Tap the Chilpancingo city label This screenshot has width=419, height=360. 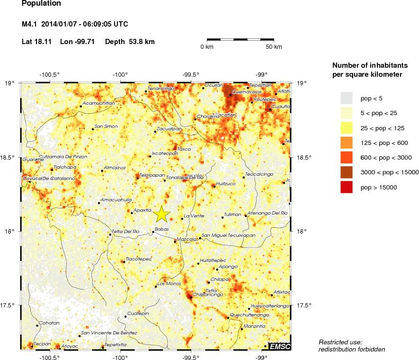click(207, 295)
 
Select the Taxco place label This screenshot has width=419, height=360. click(184, 149)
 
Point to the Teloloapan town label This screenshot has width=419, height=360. click(148, 175)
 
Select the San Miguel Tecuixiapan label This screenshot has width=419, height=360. click(229, 235)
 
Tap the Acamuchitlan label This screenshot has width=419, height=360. click(99, 103)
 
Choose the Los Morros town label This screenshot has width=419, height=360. click(169, 284)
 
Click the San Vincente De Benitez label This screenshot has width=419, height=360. click(109, 333)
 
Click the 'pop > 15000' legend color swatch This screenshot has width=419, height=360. click(347, 188)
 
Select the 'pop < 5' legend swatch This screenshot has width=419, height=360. click(347, 98)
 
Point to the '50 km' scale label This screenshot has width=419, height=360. click(273, 47)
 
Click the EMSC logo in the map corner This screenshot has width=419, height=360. click(279, 347)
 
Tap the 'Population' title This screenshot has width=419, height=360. click(41, 4)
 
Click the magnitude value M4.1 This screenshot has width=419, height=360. click(31, 24)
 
